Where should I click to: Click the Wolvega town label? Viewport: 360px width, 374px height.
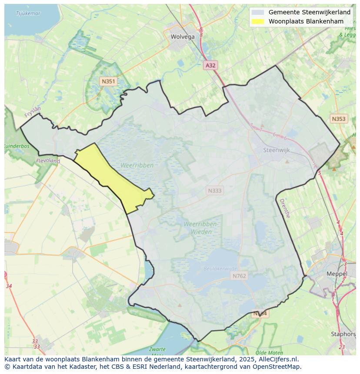click(x=183, y=37)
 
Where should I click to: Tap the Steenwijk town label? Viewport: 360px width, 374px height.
click(x=277, y=150)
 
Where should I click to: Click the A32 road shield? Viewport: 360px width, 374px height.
click(x=210, y=65)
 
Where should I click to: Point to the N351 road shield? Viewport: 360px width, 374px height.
click(x=108, y=81)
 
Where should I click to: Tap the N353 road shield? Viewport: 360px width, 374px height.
click(x=338, y=119)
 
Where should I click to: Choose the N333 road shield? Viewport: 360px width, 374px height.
click(x=214, y=190)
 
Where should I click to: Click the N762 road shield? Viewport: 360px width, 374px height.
click(x=239, y=276)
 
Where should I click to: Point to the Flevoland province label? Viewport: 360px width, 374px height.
click(x=48, y=161)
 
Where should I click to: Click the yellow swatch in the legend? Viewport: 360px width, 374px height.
click(x=258, y=21)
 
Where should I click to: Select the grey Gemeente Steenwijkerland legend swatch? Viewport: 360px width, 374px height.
click(x=258, y=13)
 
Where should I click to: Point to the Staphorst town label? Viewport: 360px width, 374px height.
click(x=343, y=334)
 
